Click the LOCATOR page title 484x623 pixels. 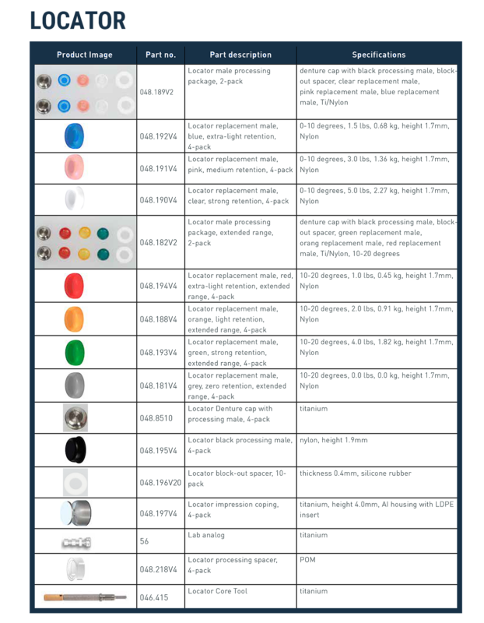[77, 21]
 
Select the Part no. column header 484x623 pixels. [160, 55]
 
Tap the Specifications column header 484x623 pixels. [378, 55]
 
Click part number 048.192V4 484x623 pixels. [157, 136]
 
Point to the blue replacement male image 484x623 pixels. [75, 136]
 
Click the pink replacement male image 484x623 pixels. [75, 168]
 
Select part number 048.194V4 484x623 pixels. [157, 286]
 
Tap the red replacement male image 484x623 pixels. [75, 286]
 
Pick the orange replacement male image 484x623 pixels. [75, 319]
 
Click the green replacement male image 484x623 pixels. [75, 353]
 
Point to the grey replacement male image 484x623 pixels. [75, 385]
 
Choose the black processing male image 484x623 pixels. [75, 450]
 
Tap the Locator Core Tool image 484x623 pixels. [85, 597]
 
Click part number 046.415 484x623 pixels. [153, 597]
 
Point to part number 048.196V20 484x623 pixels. [160, 483]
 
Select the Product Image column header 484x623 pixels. [84, 55]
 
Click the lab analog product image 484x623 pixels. [74, 541]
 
